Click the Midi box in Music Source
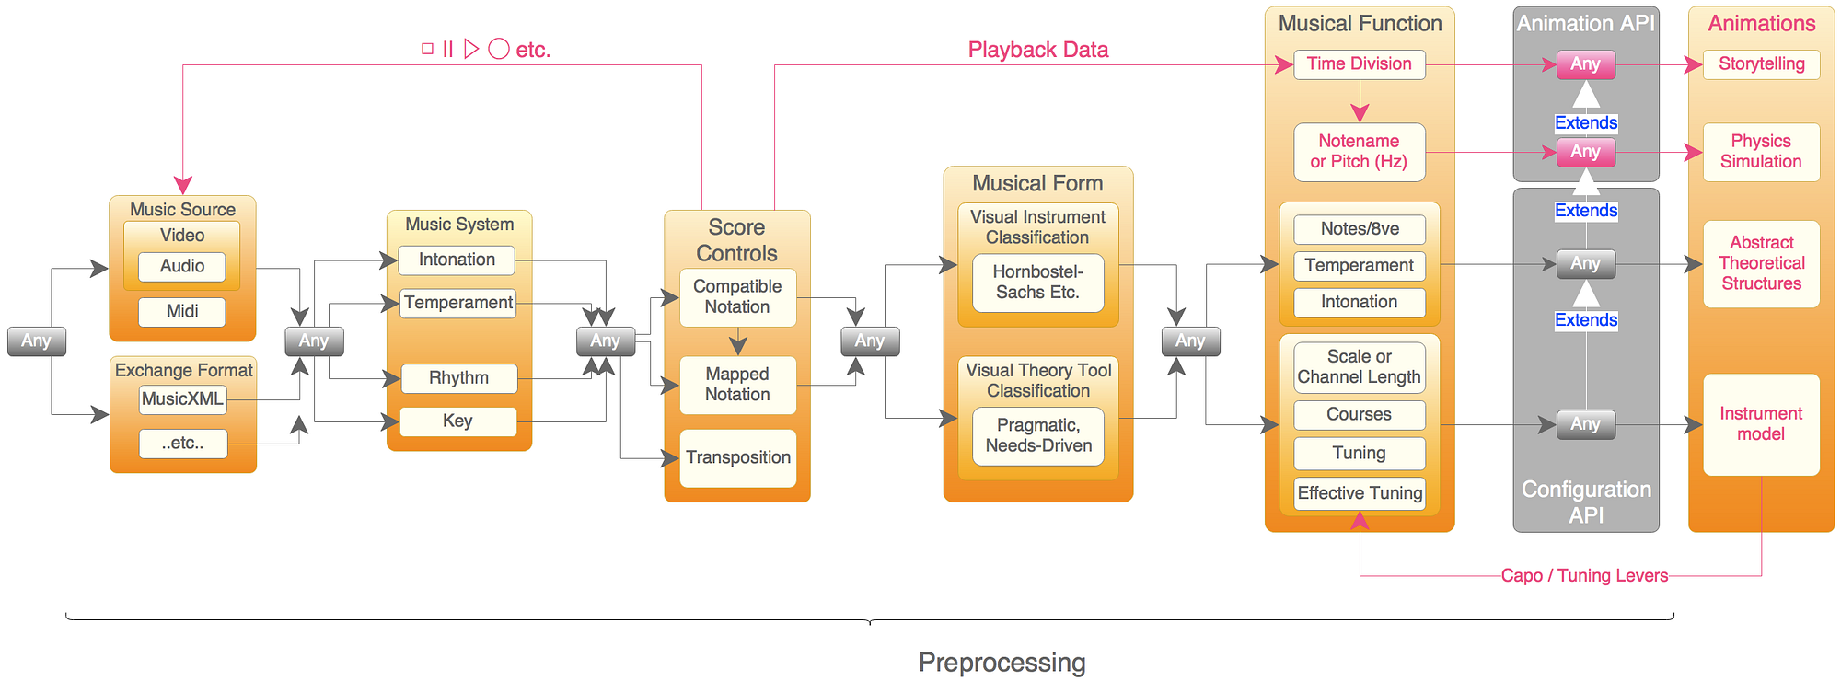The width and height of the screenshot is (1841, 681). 182,311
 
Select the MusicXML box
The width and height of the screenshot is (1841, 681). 182,398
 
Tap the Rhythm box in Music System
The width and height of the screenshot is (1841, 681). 458,377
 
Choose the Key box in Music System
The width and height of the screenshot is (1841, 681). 457,421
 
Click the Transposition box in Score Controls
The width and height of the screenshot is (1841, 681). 737,457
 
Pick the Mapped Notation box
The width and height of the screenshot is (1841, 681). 737,385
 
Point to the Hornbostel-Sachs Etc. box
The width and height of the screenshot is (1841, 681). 1037,282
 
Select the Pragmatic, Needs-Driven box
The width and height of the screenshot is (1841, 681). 1038,435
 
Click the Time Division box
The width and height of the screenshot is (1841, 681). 1359,63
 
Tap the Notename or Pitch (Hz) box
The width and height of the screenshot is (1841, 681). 1359,151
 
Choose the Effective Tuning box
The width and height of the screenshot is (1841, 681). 1360,493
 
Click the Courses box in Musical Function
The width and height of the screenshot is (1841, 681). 1359,414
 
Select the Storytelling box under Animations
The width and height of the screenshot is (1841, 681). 1761,63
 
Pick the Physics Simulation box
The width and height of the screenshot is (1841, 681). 1761,151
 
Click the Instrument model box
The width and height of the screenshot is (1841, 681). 1761,423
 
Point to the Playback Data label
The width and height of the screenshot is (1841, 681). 1037,50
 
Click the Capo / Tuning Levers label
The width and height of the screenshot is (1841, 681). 1584,575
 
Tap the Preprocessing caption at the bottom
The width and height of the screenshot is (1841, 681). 1002,662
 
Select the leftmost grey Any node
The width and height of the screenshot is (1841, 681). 36,340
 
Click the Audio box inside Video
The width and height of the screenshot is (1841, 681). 182,266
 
